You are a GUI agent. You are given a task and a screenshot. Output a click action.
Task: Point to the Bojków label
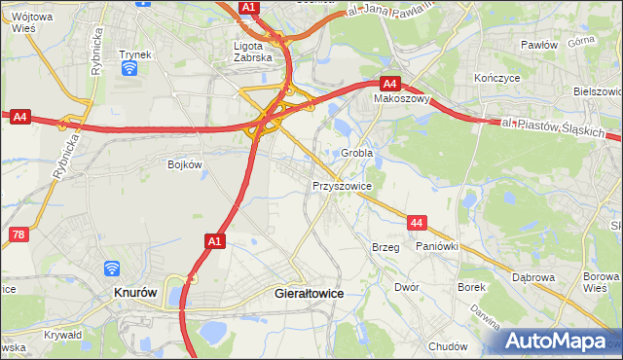click(184, 164)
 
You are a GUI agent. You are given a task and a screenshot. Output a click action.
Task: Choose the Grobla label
click(357, 154)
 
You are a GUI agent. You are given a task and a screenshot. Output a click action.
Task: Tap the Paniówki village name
click(436, 247)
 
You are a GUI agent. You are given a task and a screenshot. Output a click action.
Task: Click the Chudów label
click(448, 346)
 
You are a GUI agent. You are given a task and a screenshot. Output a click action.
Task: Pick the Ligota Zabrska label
click(255, 51)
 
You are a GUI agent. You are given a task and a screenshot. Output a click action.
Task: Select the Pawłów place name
click(538, 45)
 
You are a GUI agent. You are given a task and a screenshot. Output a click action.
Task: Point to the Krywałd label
click(62, 334)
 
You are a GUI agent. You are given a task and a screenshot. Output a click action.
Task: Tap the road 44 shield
click(417, 224)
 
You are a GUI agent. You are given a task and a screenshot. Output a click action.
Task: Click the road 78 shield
click(18, 234)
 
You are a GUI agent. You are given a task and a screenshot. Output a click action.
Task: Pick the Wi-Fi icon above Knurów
click(113, 268)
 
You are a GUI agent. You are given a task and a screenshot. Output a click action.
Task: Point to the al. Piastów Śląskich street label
click(555, 128)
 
